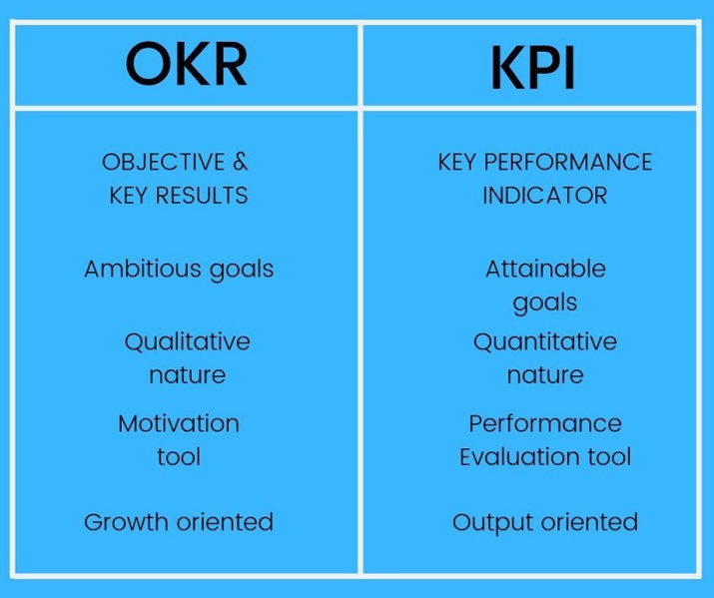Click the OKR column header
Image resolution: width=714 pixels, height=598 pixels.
(x=187, y=64)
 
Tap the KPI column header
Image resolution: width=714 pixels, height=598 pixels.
(x=532, y=68)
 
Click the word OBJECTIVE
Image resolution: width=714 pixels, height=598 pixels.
(x=164, y=162)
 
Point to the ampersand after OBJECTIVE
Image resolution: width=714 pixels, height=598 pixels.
(x=241, y=162)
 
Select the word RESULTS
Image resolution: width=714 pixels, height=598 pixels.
(x=202, y=196)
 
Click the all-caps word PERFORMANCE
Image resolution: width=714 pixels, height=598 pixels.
(x=568, y=162)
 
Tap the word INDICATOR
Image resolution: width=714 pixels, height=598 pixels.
(x=544, y=196)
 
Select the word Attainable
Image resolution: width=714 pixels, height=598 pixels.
(x=545, y=269)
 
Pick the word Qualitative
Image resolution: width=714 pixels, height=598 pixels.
(x=187, y=341)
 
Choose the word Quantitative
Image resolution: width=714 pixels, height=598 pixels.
(x=545, y=341)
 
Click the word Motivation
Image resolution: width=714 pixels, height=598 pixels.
(x=179, y=423)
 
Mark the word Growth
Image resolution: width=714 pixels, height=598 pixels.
(x=127, y=522)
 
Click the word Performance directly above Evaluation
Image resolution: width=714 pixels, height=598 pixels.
(x=545, y=423)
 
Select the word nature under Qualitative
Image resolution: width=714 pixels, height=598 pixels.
(x=187, y=375)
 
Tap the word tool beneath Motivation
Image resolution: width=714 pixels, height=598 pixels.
(x=179, y=456)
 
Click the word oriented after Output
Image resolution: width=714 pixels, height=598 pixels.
(x=590, y=522)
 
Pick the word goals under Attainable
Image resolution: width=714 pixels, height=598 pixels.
(x=545, y=303)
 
